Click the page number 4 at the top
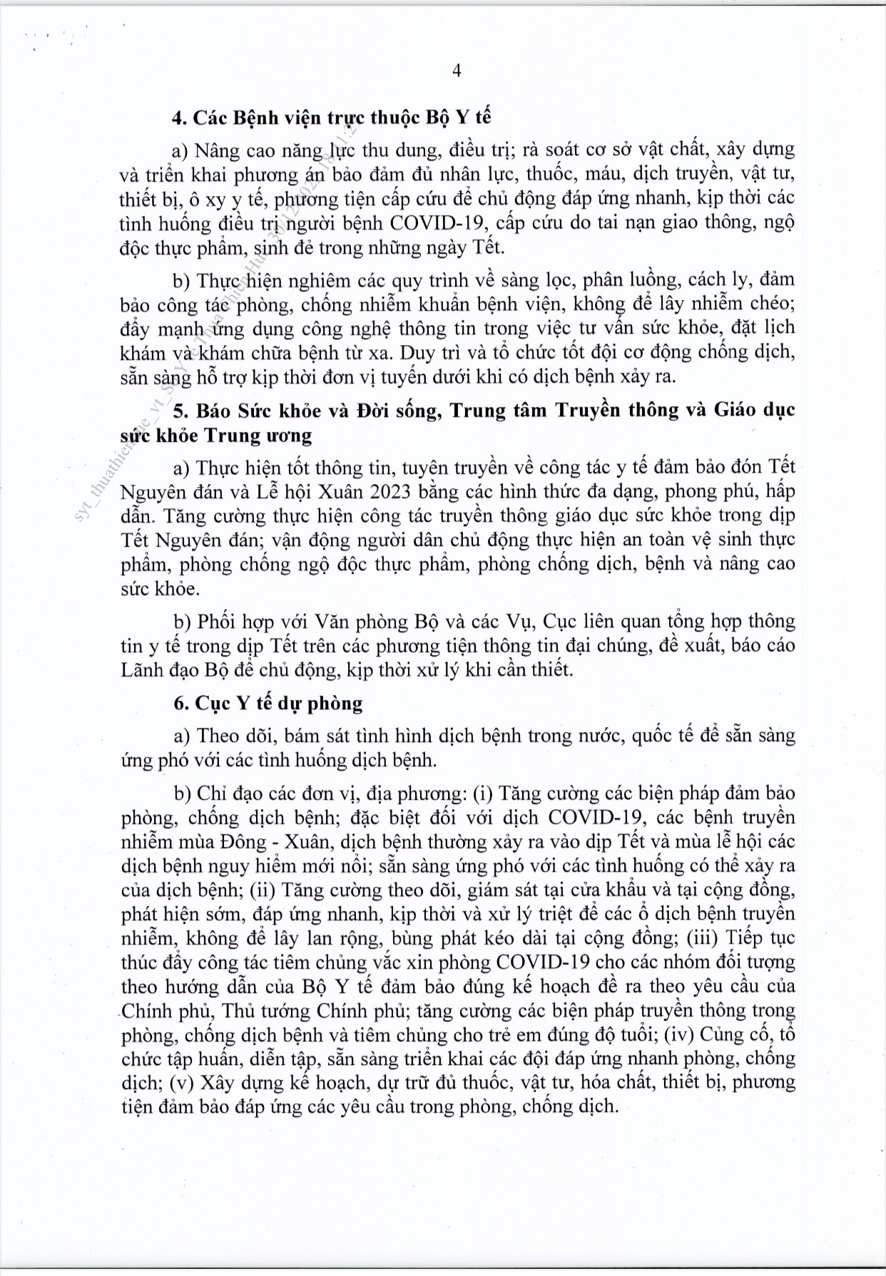[457, 70]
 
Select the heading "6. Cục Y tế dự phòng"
[268, 703]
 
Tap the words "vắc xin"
[400, 962]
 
